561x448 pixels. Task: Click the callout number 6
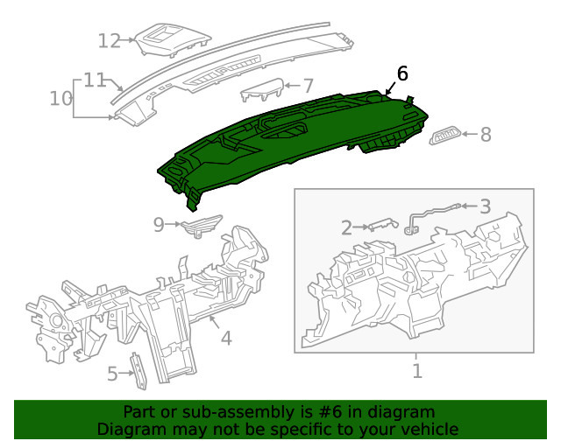402,73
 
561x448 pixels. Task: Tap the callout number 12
109,40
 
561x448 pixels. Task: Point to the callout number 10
60,98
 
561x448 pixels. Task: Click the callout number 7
308,86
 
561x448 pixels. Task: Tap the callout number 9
159,225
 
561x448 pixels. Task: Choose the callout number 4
225,337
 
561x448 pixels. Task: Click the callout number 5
112,374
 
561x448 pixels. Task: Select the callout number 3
485,206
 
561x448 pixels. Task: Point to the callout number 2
346,228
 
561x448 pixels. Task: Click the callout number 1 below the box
417,371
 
